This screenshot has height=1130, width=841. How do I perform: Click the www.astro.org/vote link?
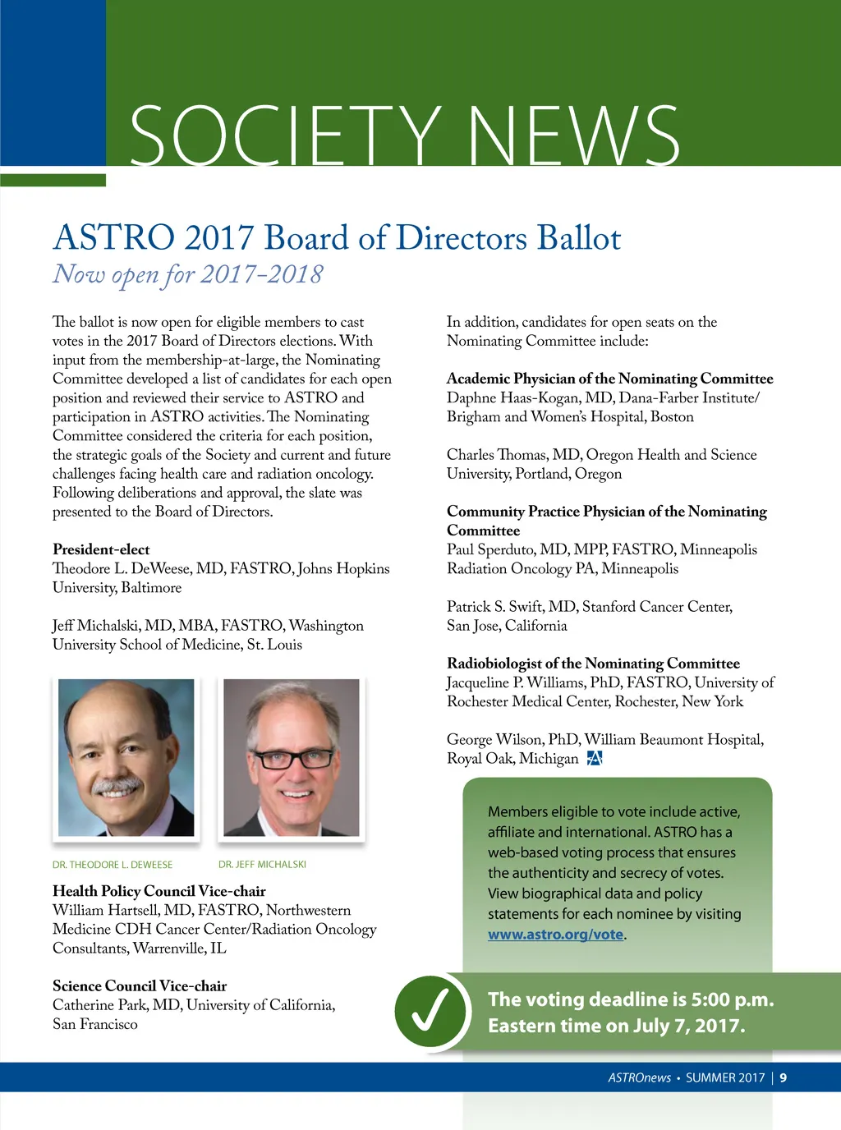pyautogui.click(x=555, y=935)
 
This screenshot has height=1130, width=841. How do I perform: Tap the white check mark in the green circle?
pyautogui.click(x=430, y=1010)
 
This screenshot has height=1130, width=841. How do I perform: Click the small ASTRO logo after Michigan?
pyautogui.click(x=595, y=758)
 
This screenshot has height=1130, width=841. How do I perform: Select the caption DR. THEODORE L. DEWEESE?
pyautogui.click(x=113, y=865)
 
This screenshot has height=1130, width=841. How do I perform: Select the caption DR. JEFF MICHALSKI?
pyautogui.click(x=262, y=864)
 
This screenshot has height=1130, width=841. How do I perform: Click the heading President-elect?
pyautogui.click(x=101, y=549)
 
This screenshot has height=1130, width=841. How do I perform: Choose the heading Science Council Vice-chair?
pyautogui.click(x=140, y=985)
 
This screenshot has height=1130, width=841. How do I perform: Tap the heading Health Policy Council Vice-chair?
pyautogui.click(x=159, y=891)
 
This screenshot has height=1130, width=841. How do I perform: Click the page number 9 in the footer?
pyautogui.click(x=784, y=1077)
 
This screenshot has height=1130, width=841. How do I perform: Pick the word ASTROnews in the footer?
pyautogui.click(x=639, y=1077)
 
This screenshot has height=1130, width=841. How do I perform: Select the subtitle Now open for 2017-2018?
pyautogui.click(x=188, y=274)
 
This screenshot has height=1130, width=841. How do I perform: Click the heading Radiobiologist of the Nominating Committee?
pyautogui.click(x=593, y=663)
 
